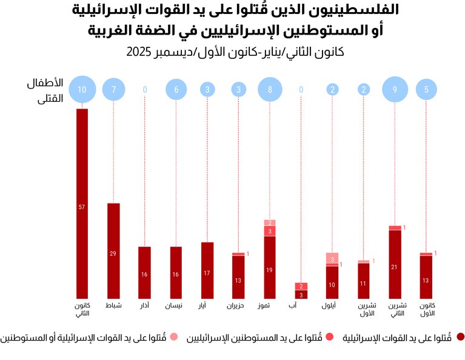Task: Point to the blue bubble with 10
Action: coord(82,90)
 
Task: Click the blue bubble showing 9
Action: coord(395,90)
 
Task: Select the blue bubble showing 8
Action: coord(270,90)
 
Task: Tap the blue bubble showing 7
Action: coord(113,90)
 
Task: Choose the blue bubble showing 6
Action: coord(176,90)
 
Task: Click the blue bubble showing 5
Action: coord(427,90)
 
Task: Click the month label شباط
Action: coord(113,305)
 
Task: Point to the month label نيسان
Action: coord(176,305)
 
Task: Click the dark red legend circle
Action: coord(460,337)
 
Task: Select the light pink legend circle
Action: coord(173,337)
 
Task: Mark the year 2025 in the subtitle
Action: coord(139,53)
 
